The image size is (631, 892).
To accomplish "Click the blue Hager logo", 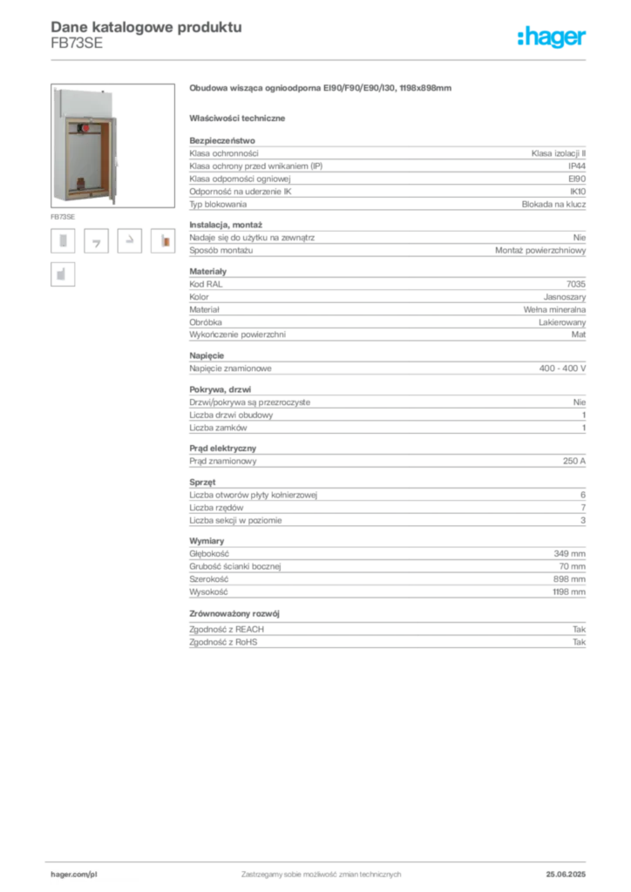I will [553, 37].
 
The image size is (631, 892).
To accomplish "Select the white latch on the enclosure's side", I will [121, 161].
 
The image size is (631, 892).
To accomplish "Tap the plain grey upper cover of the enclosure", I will [85, 103].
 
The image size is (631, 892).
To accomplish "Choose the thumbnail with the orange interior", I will [163, 241].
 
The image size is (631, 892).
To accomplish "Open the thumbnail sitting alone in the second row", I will [62, 274].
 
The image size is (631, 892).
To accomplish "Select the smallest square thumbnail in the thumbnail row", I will [98, 244].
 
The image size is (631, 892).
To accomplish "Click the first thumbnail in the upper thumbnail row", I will [62, 240].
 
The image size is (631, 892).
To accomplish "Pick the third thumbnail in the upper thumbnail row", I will [130, 240].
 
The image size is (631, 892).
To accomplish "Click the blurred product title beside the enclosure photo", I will [319, 88].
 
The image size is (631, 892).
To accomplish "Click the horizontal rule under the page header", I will [321, 58].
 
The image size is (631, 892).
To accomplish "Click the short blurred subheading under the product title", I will [240, 118].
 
